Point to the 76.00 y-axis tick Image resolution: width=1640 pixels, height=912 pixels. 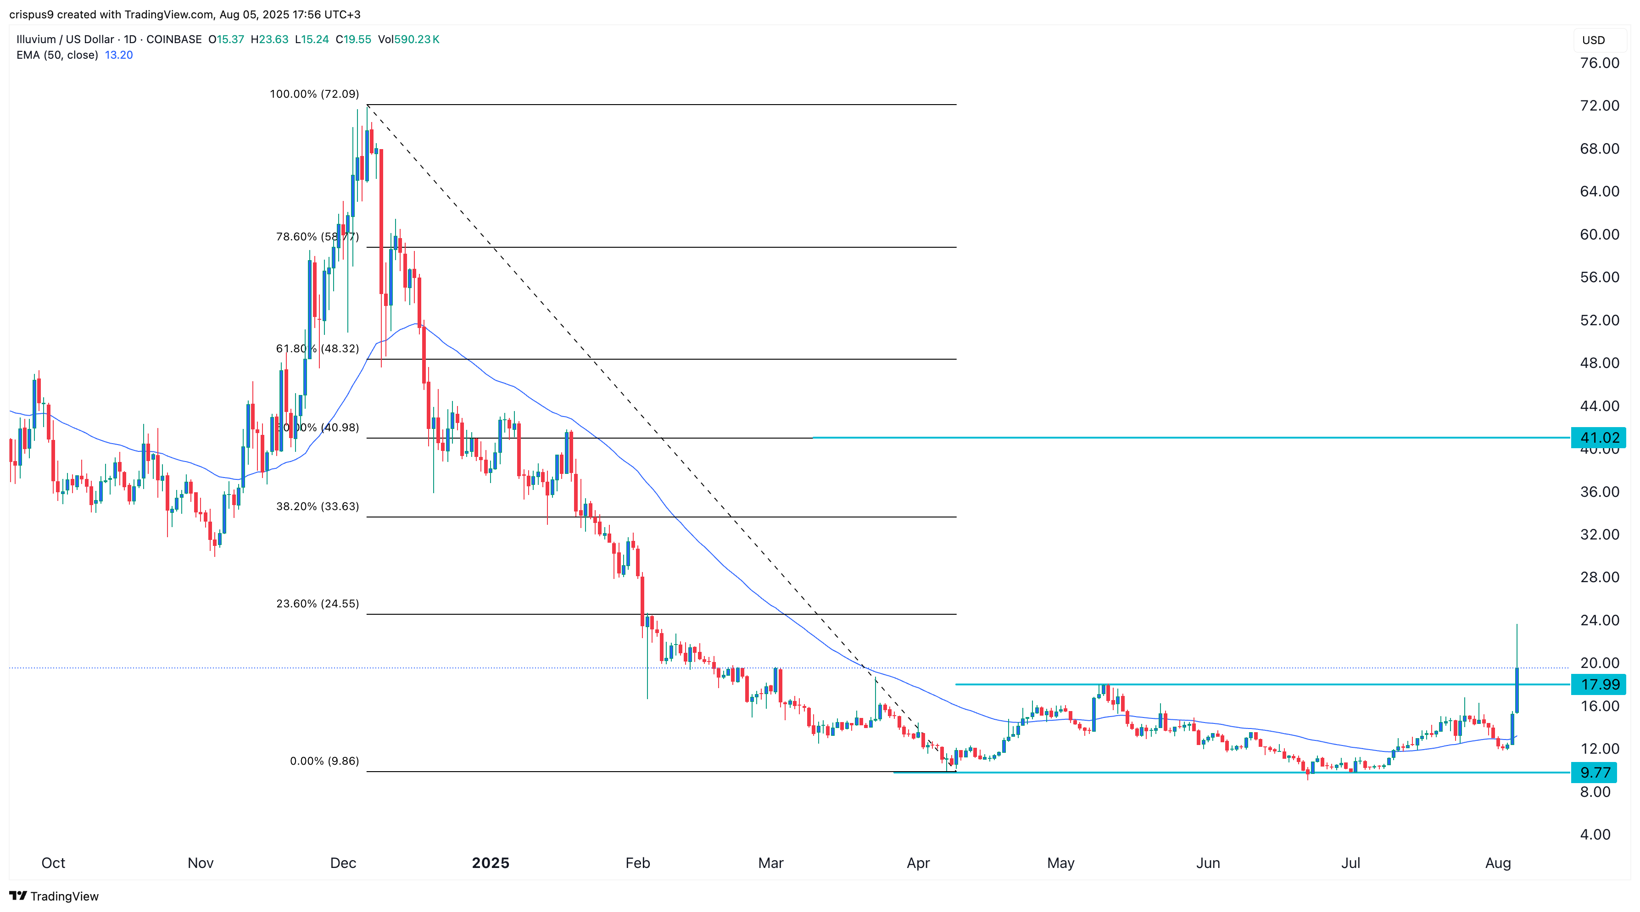point(1599,63)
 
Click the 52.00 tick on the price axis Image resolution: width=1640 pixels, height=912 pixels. point(1599,320)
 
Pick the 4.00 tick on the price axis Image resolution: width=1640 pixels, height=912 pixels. point(1595,834)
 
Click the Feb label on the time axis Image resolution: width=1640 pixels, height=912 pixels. point(637,863)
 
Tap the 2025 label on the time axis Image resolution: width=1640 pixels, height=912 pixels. point(490,863)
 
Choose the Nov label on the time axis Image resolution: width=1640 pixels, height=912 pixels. point(201,863)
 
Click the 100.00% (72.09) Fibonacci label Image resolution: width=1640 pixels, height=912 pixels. point(314,94)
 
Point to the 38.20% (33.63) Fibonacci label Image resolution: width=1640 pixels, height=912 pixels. point(317,506)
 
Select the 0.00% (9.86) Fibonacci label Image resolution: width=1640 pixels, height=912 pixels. point(324,761)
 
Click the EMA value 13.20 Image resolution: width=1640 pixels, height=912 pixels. point(118,55)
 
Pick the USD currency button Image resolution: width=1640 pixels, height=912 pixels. point(1594,40)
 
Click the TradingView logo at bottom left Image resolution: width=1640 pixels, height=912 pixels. point(54,896)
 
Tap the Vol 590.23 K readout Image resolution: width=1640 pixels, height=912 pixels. point(409,39)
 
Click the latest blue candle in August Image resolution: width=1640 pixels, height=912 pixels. point(1517,690)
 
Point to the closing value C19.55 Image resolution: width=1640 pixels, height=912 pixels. point(353,39)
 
